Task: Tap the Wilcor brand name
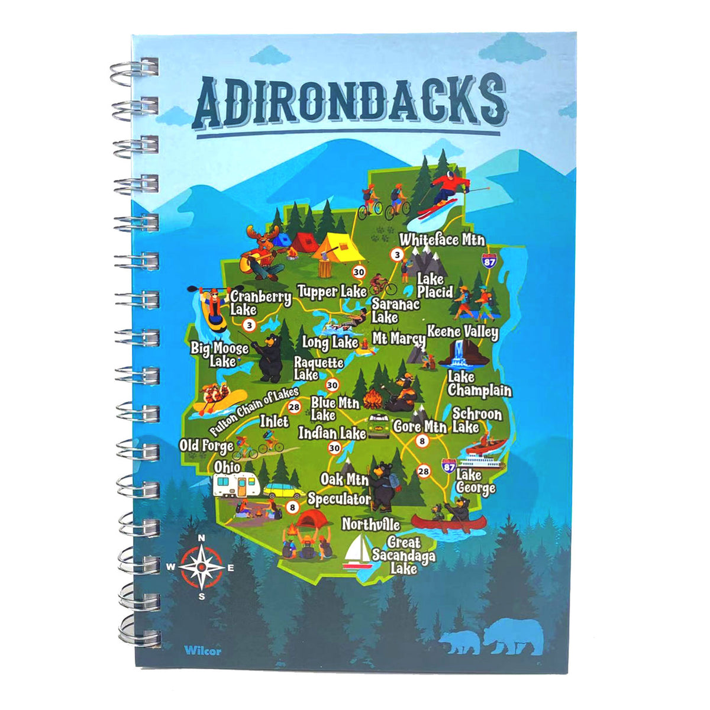click(202, 651)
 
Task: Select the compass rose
click(201, 566)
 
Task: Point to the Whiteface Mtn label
click(442, 240)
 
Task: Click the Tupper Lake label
click(331, 292)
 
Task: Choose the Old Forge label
click(206, 446)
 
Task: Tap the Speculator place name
click(339, 499)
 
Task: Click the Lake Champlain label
click(479, 384)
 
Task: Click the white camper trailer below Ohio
click(236, 486)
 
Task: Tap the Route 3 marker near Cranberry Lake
click(249, 325)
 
